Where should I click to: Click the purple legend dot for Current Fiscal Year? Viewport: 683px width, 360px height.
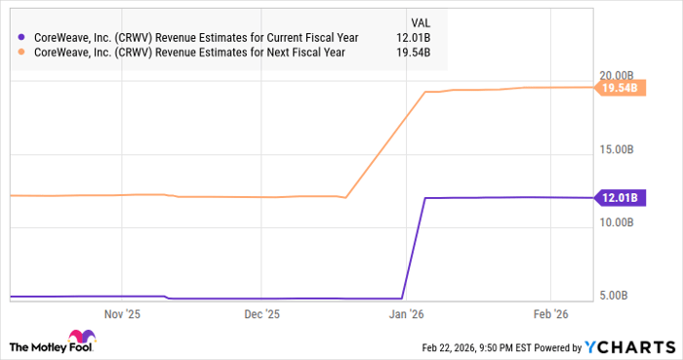tap(21, 37)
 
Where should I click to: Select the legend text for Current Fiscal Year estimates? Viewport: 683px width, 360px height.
tap(194, 37)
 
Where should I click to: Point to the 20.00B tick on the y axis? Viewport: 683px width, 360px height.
tap(619, 75)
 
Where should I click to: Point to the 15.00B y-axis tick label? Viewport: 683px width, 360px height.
tap(619, 148)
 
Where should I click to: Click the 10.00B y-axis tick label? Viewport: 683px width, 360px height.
tap(619, 222)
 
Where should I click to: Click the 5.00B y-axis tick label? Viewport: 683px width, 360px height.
tap(622, 296)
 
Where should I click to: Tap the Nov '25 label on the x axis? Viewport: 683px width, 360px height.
tap(122, 314)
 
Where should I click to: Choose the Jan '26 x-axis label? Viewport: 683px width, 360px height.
tap(406, 314)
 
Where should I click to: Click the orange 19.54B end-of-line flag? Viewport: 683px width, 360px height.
tap(620, 88)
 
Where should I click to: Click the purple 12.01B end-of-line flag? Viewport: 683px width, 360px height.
tap(620, 198)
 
